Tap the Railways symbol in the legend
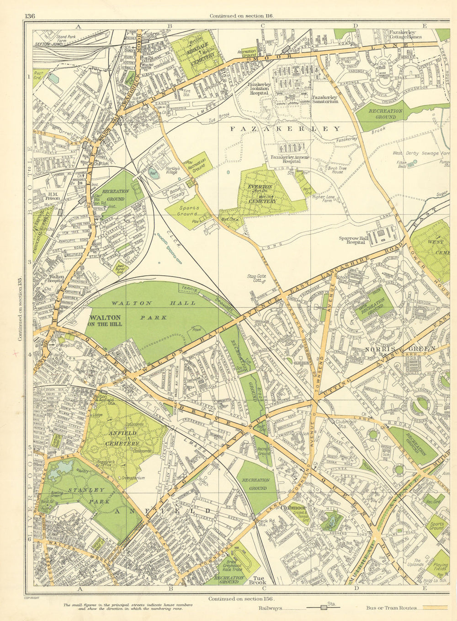324,608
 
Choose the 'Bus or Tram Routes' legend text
391,608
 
